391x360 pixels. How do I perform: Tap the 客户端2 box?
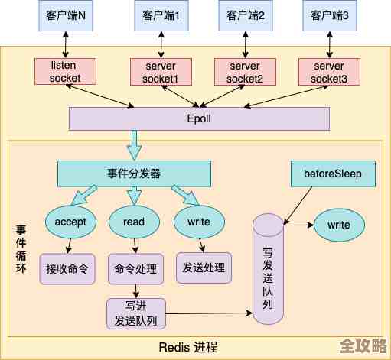(245, 15)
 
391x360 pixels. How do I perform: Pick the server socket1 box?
(161, 71)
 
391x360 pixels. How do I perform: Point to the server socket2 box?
(245, 71)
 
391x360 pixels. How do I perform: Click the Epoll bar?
(199, 118)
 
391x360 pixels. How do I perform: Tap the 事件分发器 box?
(134, 174)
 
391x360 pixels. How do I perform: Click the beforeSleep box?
(334, 174)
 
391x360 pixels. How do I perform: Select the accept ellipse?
(70, 222)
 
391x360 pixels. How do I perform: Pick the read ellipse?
(134, 222)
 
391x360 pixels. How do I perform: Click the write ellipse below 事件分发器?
(199, 222)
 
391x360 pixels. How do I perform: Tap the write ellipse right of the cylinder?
(338, 225)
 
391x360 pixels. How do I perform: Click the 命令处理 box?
(135, 269)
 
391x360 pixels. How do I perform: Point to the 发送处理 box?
(204, 268)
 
